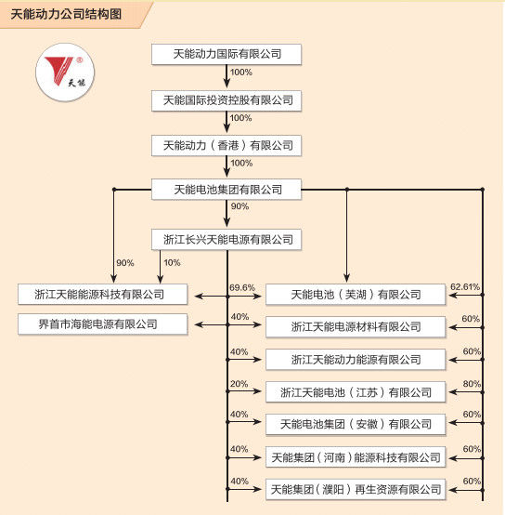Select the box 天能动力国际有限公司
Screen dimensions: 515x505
tap(227, 54)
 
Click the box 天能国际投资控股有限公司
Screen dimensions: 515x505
tap(227, 99)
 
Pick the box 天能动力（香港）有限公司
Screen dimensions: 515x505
tap(227, 145)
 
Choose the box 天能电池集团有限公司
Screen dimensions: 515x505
tap(227, 190)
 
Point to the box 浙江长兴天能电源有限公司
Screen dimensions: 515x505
tap(227, 240)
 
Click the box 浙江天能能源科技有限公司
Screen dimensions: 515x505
tap(103, 295)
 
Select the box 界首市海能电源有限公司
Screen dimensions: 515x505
tap(103, 324)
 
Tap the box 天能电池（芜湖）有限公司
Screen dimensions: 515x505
tap(356, 295)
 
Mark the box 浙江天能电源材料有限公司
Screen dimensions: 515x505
tap(356, 326)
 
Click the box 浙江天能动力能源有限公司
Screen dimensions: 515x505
tap(356, 359)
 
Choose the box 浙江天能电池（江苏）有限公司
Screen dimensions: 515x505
tap(356, 391)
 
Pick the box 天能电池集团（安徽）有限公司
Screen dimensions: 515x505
tap(356, 424)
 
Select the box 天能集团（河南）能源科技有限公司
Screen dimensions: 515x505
tap(356, 456)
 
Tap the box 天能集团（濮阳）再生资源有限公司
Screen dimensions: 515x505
tap(356, 488)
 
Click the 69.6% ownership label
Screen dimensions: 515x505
tap(242, 287)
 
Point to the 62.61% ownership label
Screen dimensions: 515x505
tap(464, 287)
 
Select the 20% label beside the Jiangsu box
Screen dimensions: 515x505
tap(239, 384)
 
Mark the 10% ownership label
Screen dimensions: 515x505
tap(172, 263)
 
